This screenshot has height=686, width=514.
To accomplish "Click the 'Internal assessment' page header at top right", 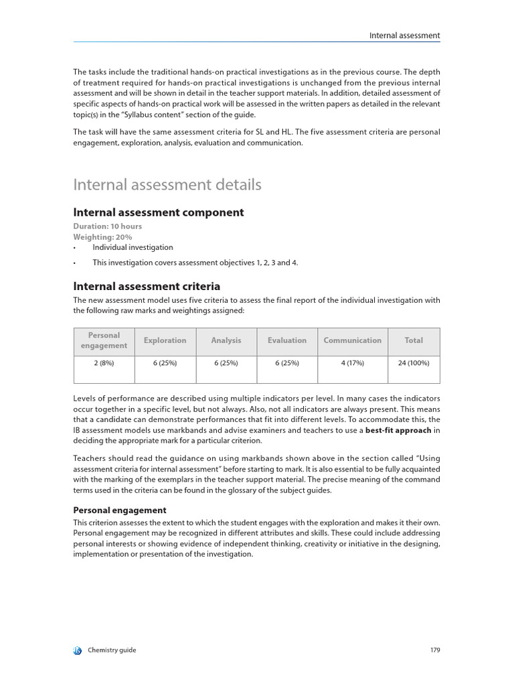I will pyautogui.click(x=404, y=36).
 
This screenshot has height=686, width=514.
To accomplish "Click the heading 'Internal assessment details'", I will pyautogui.click(x=167, y=184).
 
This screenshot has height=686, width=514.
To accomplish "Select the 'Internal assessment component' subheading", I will pyautogui.click(x=158, y=212).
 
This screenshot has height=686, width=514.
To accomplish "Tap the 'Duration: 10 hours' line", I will pyautogui.click(x=107, y=226).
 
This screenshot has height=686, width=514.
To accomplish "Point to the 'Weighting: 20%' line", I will pyautogui.click(x=102, y=237).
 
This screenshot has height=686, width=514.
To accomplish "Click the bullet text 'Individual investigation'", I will pyautogui.click(x=133, y=247).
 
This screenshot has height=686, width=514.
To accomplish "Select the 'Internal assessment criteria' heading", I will pyautogui.click(x=147, y=286).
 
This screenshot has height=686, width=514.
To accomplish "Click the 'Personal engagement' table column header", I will pyautogui.click(x=104, y=340).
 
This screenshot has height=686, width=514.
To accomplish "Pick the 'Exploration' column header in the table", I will pyautogui.click(x=165, y=340).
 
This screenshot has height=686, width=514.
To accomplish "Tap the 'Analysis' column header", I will pyautogui.click(x=226, y=340).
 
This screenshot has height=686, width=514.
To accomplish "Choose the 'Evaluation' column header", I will pyautogui.click(x=286, y=340).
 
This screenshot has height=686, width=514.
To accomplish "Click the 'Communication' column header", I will pyautogui.click(x=352, y=340).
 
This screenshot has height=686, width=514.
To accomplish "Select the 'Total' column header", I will pyautogui.click(x=414, y=340).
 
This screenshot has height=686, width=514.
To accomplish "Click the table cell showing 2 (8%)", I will pyautogui.click(x=104, y=362).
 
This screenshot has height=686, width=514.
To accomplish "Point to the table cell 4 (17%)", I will pyautogui.click(x=352, y=362).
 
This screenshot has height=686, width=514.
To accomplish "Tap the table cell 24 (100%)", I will pyautogui.click(x=414, y=362).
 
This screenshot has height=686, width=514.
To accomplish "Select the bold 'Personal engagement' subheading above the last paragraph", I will pyautogui.click(x=119, y=510).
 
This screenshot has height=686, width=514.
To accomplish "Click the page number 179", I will pyautogui.click(x=434, y=650).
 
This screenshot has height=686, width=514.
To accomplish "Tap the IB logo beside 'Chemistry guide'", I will pyautogui.click(x=77, y=650).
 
